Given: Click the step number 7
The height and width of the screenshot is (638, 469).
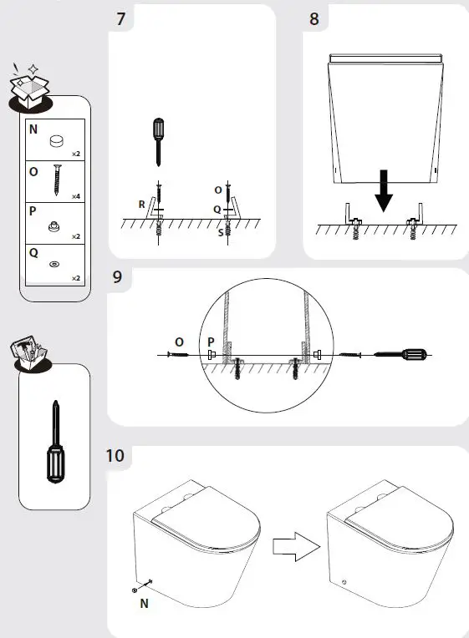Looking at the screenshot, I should (122, 18).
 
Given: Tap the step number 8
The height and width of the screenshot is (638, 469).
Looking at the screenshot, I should (314, 18).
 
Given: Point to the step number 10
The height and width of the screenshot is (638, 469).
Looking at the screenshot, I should (115, 456).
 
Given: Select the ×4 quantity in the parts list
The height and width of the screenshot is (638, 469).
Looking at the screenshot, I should (74, 196).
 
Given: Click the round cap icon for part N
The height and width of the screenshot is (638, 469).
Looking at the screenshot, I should (55, 142).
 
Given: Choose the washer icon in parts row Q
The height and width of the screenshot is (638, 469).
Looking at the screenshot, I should (55, 264).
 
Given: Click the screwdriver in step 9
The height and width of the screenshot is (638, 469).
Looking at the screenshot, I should (400, 355).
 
